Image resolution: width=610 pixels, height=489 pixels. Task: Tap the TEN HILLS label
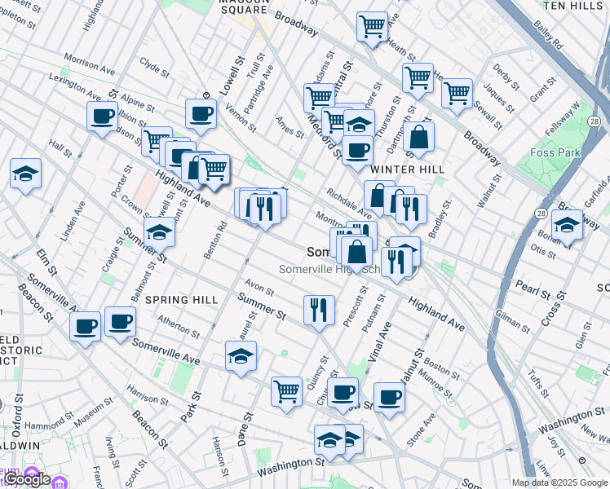[574, 5]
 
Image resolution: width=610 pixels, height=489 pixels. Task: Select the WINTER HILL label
[407, 169]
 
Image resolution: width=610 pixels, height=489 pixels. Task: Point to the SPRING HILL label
[181, 300]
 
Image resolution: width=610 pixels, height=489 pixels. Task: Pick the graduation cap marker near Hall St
[26, 174]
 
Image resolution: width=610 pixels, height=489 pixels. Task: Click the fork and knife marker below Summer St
[318, 309]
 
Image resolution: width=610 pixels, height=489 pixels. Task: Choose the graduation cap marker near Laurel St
[241, 356]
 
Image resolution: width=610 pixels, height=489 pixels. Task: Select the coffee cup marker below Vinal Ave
[389, 397]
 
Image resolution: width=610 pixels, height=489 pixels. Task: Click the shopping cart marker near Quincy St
[286, 391]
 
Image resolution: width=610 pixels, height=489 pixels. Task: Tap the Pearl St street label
[533, 287]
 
